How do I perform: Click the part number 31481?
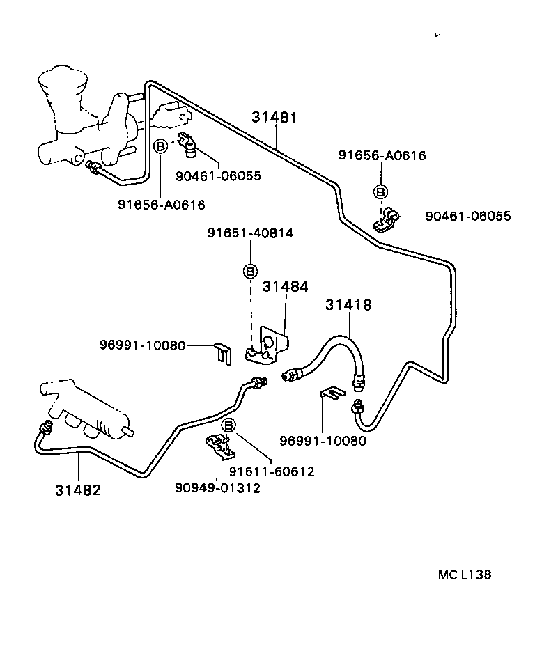pos(274,118)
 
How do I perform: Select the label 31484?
pos(285,286)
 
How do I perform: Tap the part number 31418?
pos(348,305)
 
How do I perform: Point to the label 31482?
pos(78,490)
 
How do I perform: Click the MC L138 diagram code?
pos(465,575)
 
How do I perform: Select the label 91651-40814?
pos(250,234)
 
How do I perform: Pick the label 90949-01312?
pos(217,488)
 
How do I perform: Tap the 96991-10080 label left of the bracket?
pos(143,345)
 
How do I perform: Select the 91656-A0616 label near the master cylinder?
pos(161,205)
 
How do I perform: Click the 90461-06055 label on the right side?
pos(467,217)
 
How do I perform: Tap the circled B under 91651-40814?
pos(250,272)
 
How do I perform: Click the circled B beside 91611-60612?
pos(228,425)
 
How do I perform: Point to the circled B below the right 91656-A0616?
pos(380,192)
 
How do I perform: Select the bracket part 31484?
pos(270,347)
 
